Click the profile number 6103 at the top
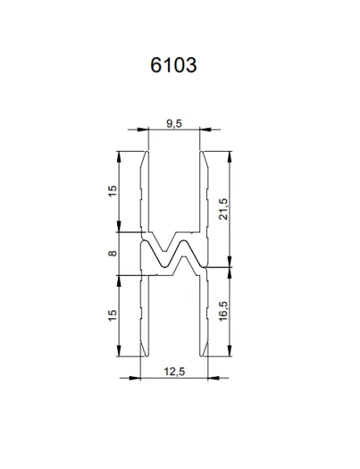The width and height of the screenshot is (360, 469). (x=173, y=65)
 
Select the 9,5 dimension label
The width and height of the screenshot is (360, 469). (x=174, y=124)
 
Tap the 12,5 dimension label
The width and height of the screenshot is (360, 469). (x=174, y=371)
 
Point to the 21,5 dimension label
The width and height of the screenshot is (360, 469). (x=223, y=206)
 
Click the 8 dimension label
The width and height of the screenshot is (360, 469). (x=112, y=253)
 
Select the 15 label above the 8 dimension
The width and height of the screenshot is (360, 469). (x=112, y=190)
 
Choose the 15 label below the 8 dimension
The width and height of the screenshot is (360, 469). (x=112, y=315)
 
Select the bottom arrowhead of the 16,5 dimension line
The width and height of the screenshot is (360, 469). (x=232, y=353)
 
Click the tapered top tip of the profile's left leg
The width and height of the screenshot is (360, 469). (x=147, y=153)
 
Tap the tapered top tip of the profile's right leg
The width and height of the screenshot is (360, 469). (x=202, y=153)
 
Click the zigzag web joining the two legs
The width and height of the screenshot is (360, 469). (x=174, y=254)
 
